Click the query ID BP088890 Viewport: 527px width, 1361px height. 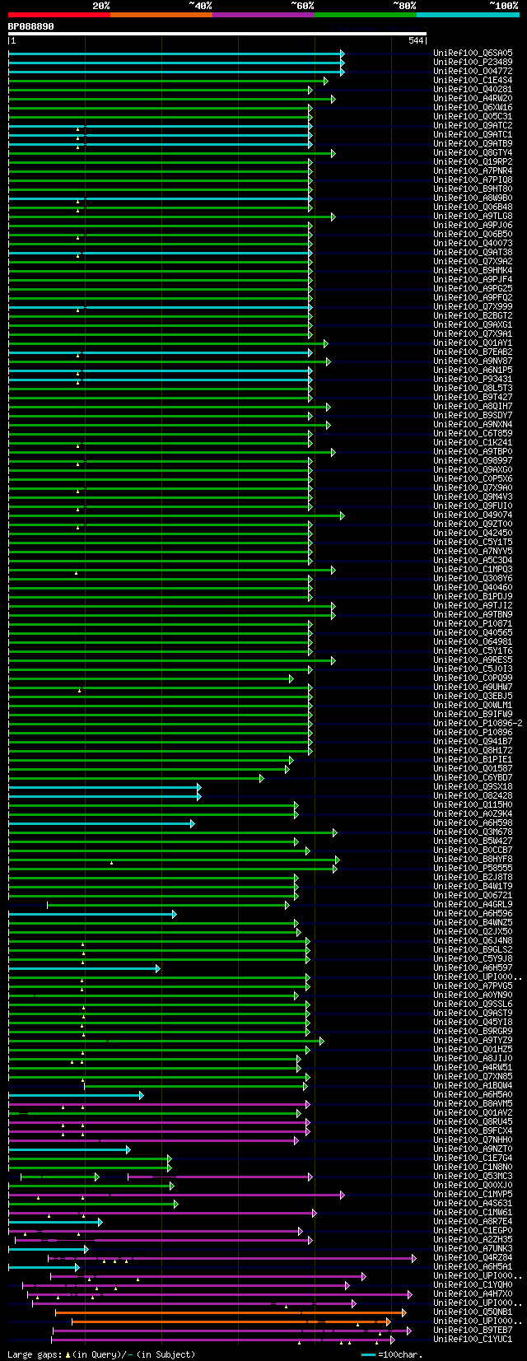[x=30, y=26]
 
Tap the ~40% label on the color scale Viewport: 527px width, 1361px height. [x=200, y=5]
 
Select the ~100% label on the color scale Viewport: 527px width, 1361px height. [x=503, y=5]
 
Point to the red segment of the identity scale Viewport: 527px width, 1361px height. [x=58, y=14]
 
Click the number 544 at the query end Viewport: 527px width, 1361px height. [x=415, y=40]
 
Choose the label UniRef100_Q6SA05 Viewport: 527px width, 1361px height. [x=473, y=54]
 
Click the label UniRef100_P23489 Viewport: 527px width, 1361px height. [x=473, y=63]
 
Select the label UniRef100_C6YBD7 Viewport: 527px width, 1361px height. [x=473, y=778]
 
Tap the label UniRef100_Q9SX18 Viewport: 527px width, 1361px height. [x=473, y=787]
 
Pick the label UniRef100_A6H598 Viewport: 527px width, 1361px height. [x=473, y=823]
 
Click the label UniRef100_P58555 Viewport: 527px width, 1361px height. [x=473, y=869]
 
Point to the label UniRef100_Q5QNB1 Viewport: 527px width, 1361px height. [x=473, y=1312]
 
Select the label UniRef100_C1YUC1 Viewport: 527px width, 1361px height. [x=473, y=1340]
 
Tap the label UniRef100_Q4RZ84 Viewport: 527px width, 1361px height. [x=473, y=1258]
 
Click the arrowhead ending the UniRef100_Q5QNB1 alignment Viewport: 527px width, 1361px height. [x=403, y=1312]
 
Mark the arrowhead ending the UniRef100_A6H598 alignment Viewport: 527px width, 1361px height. [x=193, y=823]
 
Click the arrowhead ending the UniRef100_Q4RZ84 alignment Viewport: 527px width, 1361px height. [x=414, y=1258]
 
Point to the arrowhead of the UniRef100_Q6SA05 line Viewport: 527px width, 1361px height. [x=342, y=54]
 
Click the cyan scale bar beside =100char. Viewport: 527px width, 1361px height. [x=368, y=1354]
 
